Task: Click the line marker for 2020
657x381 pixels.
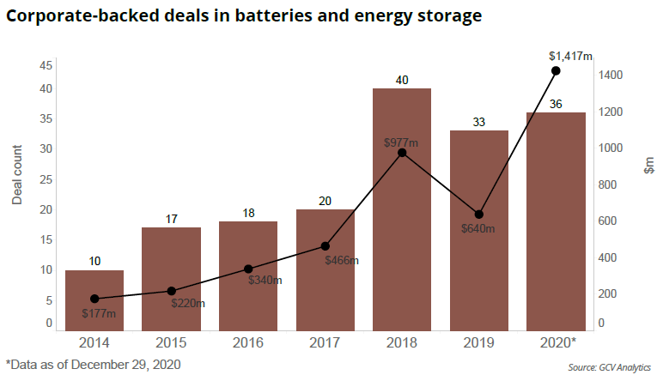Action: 556,70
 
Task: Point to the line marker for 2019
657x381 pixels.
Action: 479,215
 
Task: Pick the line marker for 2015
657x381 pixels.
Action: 171,291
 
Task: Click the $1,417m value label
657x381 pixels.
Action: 570,56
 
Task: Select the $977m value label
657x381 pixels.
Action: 400,142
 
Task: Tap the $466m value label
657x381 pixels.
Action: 342,259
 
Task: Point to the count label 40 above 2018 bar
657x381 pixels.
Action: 402,80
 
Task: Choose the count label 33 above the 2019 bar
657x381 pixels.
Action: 479,122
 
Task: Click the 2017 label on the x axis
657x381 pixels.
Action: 325,342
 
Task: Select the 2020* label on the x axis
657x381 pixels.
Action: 557,342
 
